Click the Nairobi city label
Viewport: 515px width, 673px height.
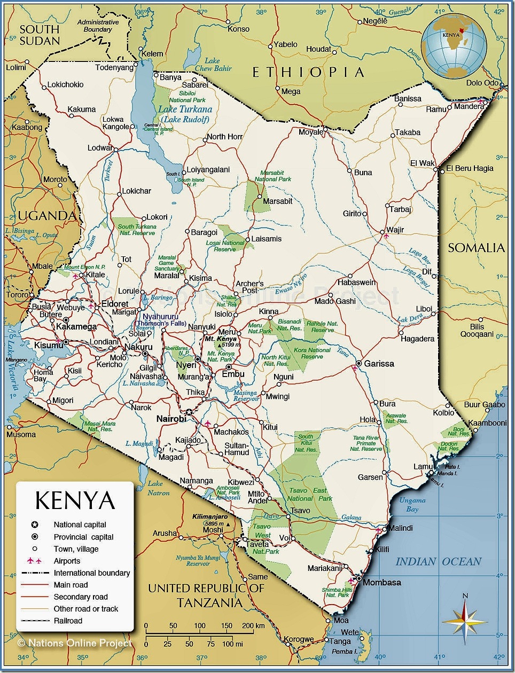pos(171,419)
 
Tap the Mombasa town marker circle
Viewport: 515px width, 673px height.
pos(359,578)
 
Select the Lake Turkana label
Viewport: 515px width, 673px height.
pos(185,109)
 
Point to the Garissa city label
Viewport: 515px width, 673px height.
pos(379,364)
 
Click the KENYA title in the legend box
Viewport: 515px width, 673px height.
pos(75,500)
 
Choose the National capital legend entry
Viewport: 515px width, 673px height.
pos(80,525)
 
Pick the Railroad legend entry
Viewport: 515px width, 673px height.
pos(68,621)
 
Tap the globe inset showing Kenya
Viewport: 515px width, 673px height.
pos(454,46)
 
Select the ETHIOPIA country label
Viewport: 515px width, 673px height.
pos(308,73)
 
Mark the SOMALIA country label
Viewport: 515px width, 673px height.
pos(476,248)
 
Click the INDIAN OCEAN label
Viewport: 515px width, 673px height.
pos(438,562)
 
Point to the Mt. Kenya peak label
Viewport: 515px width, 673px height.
pos(221,339)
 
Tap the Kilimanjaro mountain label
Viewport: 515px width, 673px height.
pos(210,517)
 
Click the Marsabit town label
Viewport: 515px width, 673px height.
pos(277,201)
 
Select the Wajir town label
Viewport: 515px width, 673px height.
pos(395,230)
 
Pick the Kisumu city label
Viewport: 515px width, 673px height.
pos(48,346)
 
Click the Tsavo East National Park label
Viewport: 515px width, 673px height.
pos(310,494)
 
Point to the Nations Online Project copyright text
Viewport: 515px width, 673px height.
pos(75,643)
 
